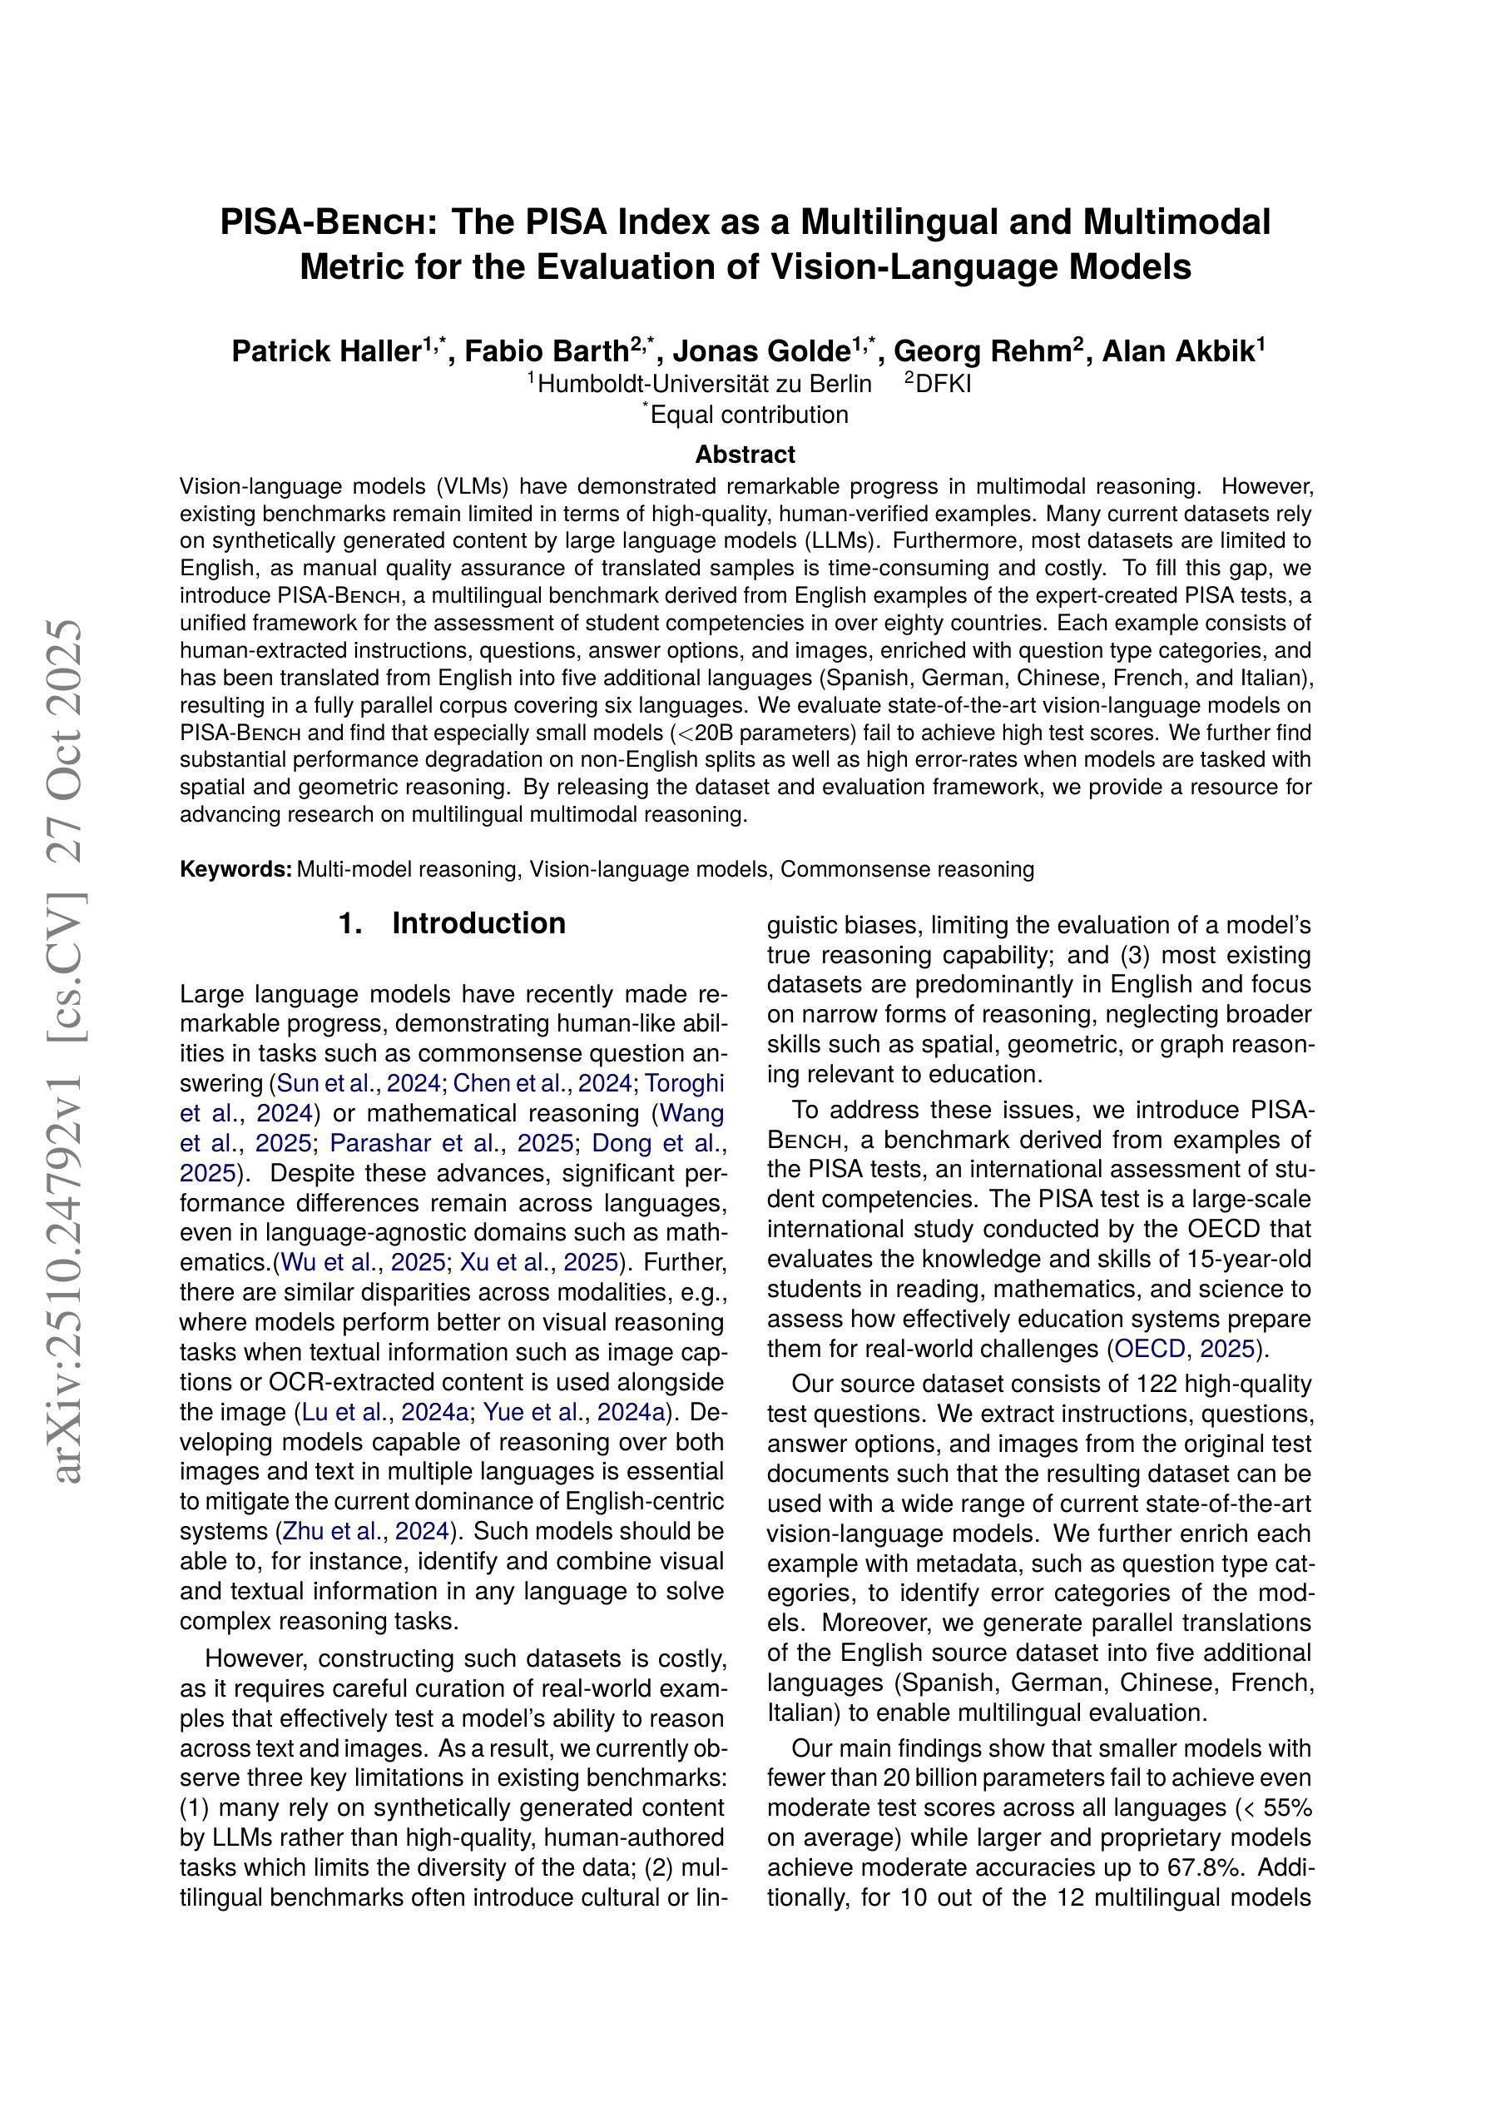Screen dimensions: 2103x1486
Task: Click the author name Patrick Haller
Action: pos(326,351)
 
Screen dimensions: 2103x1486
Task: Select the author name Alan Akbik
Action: pos(1177,351)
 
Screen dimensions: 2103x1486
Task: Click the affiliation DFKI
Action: pos(943,384)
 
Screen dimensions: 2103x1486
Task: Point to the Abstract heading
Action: pos(745,455)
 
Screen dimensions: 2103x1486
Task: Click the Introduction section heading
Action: pos(478,923)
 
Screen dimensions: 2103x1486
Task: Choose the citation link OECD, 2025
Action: pos(1184,1350)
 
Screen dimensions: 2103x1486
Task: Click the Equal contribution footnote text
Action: pos(749,415)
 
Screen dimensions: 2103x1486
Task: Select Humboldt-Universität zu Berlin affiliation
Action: pos(704,384)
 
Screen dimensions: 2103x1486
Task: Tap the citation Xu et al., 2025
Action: pos(538,1262)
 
